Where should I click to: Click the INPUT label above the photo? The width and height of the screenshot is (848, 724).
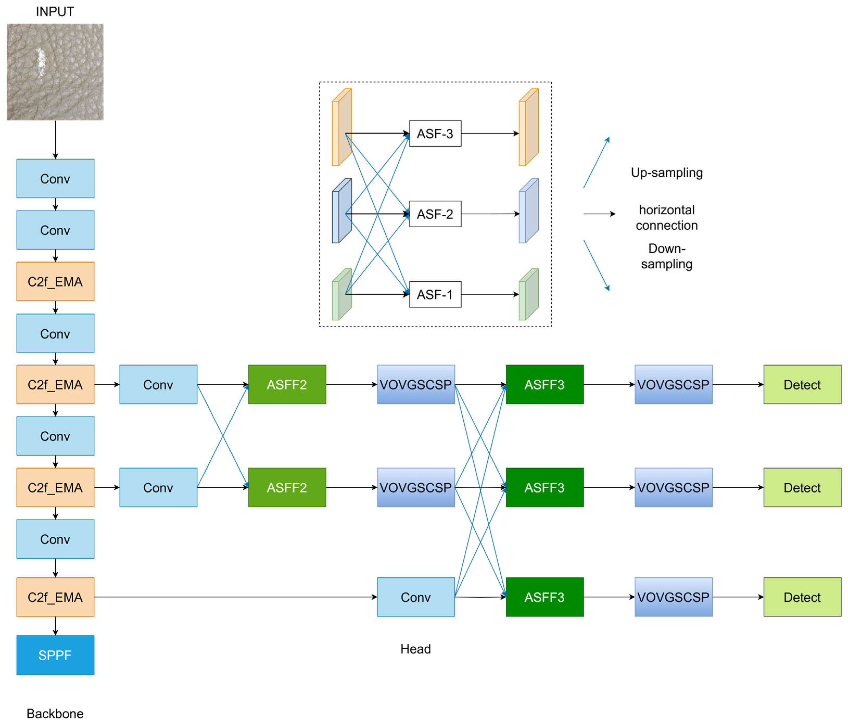pyautogui.click(x=55, y=11)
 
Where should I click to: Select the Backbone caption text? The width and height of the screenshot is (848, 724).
pyautogui.click(x=55, y=713)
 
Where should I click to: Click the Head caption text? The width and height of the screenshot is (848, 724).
pyautogui.click(x=415, y=649)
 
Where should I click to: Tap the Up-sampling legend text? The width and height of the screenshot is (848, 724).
pyautogui.click(x=666, y=172)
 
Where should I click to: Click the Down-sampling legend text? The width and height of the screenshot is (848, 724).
pyautogui.click(x=666, y=256)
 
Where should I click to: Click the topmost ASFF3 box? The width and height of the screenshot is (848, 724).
pyautogui.click(x=544, y=384)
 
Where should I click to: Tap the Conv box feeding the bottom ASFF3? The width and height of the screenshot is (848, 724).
pyautogui.click(x=415, y=597)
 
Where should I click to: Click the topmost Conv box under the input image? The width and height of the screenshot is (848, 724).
pyautogui.click(x=55, y=178)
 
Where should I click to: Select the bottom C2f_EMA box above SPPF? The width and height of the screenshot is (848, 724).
pyautogui.click(x=55, y=597)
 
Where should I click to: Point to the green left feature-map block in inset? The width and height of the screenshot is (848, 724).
pyautogui.click(x=341, y=294)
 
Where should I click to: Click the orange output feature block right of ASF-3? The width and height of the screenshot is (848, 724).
pyautogui.click(x=528, y=127)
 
